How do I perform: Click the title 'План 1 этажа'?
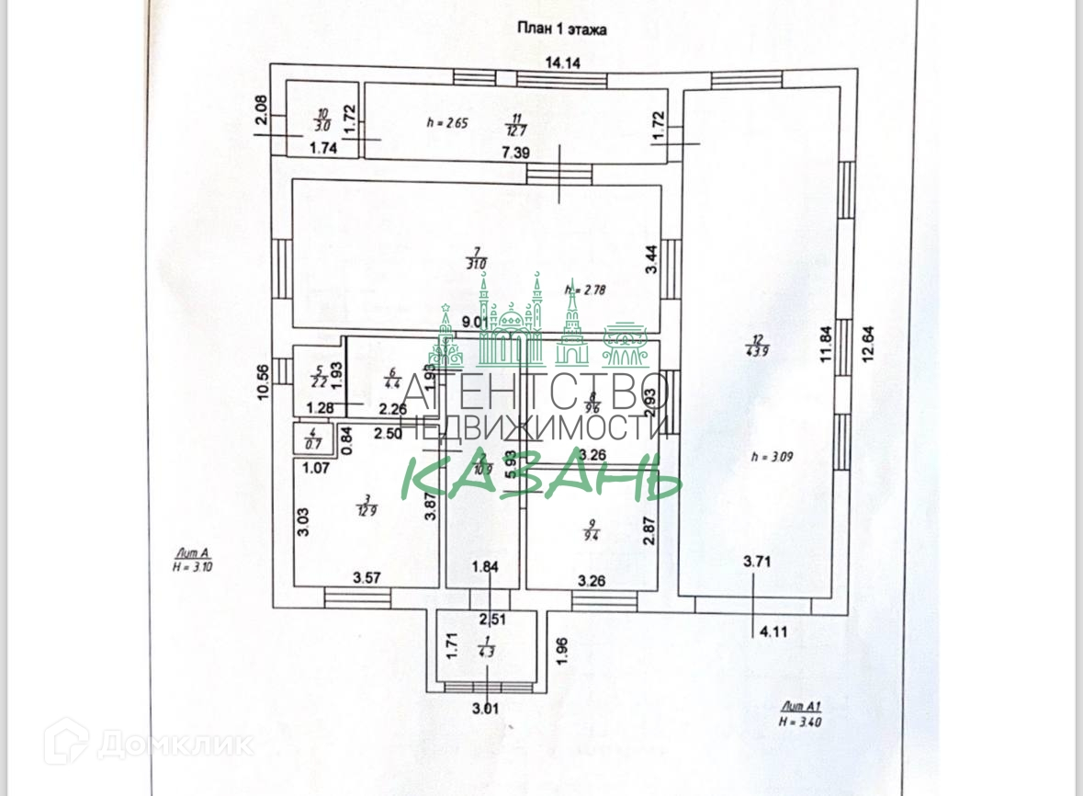point(560,29)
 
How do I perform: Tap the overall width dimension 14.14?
point(563,63)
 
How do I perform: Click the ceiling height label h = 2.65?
point(448,122)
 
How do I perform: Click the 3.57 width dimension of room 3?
point(368,578)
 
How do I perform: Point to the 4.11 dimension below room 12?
point(770,631)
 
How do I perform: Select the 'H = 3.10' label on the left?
point(193,567)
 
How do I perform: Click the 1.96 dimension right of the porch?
point(564,650)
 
